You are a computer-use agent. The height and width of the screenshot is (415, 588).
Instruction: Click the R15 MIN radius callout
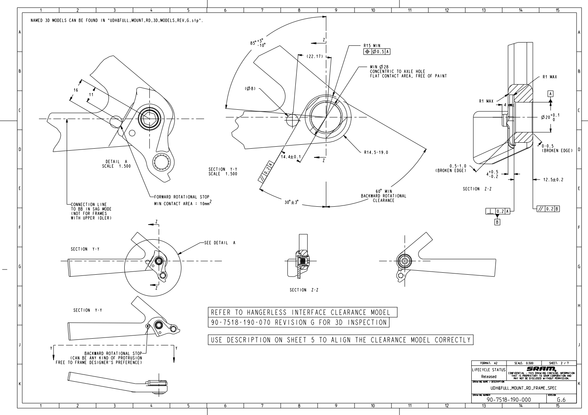click(x=372, y=46)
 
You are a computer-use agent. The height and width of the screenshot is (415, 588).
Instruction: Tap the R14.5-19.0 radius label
click(x=376, y=152)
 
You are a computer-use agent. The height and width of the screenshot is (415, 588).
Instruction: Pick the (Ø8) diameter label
click(x=250, y=88)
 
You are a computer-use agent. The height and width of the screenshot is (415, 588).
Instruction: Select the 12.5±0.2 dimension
click(x=553, y=180)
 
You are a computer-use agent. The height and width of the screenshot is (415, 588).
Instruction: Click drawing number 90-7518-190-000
click(x=509, y=399)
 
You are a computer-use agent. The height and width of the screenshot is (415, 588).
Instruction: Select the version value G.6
click(x=561, y=400)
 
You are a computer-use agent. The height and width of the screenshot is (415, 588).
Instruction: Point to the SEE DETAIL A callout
click(x=220, y=243)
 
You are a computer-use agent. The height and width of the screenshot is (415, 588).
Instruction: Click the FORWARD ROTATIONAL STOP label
click(x=181, y=197)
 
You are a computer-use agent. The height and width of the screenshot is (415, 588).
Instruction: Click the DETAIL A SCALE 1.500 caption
click(x=116, y=164)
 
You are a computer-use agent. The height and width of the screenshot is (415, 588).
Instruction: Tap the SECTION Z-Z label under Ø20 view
click(x=477, y=189)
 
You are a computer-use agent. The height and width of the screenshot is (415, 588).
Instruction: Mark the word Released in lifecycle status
click(x=488, y=376)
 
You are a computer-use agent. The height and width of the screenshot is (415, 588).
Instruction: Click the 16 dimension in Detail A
click(x=75, y=90)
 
